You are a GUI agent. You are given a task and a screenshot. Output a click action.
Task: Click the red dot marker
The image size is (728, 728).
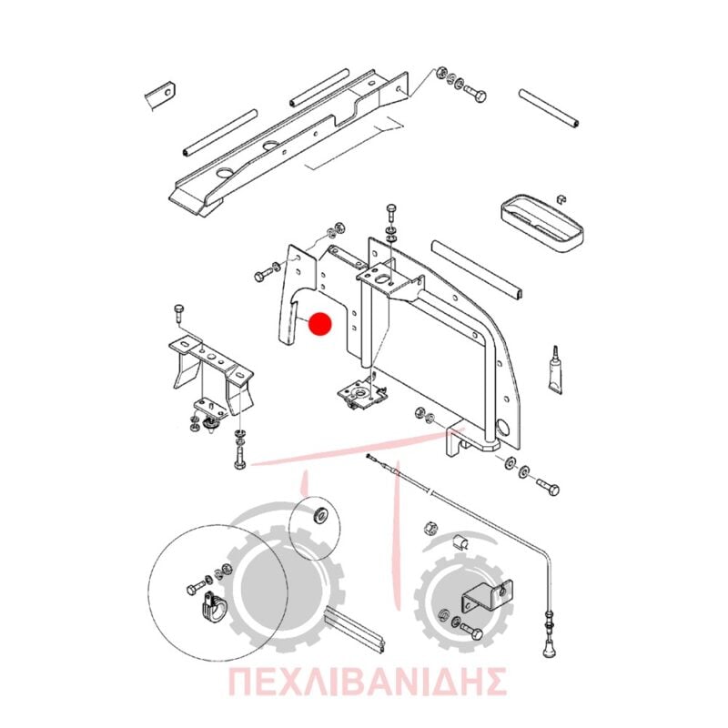pos(320,324)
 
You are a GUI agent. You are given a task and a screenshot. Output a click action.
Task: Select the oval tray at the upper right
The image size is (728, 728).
pos(541,225)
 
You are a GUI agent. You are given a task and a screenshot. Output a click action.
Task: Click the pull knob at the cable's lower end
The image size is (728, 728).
pos(548,645)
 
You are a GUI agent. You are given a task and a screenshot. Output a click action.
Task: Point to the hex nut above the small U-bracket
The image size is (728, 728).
pos(430,528)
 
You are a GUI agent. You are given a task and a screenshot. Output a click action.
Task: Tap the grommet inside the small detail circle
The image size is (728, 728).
pos(319,514)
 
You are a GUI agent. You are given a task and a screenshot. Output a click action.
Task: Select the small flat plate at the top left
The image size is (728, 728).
pos(160,95)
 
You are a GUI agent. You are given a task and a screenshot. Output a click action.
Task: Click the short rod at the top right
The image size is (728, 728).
pos(549,107)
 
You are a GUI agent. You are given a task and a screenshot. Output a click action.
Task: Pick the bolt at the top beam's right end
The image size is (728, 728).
pos(474,94)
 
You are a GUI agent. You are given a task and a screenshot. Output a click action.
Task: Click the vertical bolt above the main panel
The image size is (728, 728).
pos(391,215)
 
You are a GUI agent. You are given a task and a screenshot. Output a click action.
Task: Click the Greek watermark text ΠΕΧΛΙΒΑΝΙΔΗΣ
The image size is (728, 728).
pos(367,681)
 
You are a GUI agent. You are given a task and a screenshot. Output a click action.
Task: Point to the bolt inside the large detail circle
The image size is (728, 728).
pos(196,588)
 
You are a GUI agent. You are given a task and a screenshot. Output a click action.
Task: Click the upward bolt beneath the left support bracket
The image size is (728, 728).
pos(240,456)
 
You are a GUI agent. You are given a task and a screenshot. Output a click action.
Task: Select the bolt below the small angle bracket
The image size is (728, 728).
pos(471,632)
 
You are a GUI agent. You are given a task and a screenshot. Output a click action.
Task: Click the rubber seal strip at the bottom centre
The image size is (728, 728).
pos(356,631)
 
